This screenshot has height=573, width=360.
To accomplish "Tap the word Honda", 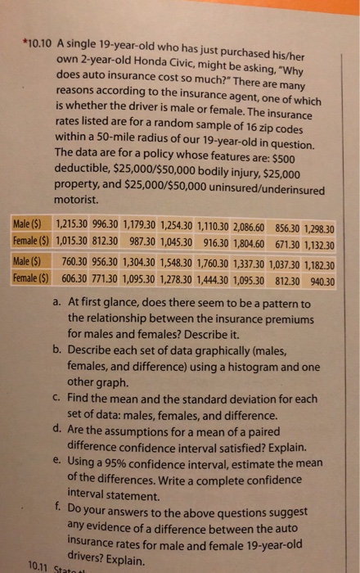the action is [x=150, y=61].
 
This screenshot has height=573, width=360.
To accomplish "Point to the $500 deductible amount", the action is [x=281, y=159].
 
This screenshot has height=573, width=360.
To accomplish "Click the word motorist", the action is [x=77, y=200].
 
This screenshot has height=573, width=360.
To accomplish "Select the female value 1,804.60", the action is [x=249, y=243].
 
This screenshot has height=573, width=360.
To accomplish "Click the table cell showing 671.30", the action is [x=288, y=244].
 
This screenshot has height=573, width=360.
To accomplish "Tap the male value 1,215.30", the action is [x=71, y=224].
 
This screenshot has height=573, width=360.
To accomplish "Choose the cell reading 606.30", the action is [x=74, y=278].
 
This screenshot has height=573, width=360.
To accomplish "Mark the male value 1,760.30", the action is [x=213, y=263].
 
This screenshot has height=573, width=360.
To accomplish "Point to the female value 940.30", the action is [x=322, y=282].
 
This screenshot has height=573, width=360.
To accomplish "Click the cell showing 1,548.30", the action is [x=176, y=263].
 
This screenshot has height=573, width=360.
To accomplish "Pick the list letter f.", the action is [x=57, y=507].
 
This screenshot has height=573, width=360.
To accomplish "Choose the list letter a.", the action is [x=56, y=302].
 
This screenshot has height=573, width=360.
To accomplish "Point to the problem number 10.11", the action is [x=38, y=566].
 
